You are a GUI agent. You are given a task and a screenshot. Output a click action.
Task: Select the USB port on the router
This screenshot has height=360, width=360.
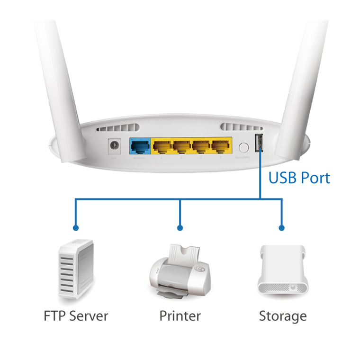259,143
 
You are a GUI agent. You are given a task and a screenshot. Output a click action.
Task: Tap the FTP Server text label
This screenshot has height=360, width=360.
76,316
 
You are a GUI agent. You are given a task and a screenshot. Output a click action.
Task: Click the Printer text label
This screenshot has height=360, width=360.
180,316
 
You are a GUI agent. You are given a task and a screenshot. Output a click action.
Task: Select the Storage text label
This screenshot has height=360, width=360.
282,316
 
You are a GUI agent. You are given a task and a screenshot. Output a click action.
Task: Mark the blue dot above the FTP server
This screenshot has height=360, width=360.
76,228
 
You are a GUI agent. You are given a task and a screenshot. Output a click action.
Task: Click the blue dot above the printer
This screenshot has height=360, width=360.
180,228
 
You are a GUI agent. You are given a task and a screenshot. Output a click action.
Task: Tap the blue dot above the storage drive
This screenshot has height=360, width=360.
282,228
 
